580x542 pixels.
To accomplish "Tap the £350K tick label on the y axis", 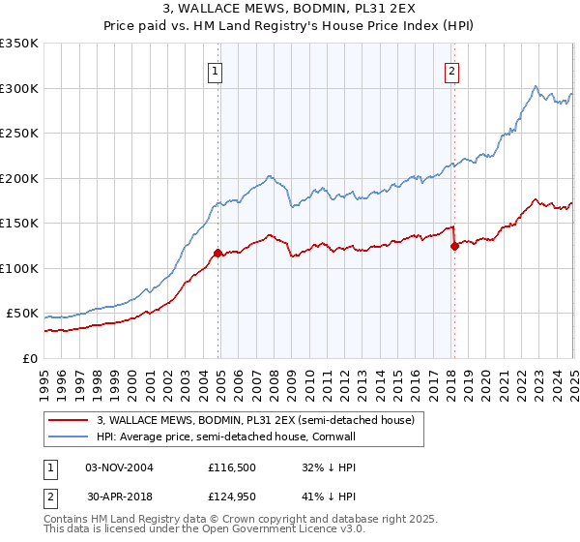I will point(19,44).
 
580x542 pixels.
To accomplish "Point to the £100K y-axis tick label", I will point(19,268).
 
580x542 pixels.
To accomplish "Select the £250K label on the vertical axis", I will point(19,134).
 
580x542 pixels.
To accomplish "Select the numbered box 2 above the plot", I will point(451,70).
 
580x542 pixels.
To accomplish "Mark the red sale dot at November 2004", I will point(217,254).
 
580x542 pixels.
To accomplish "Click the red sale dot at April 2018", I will point(454,246).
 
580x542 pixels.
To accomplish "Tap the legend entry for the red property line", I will point(255,419).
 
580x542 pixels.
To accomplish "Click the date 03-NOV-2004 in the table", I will point(119,467).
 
